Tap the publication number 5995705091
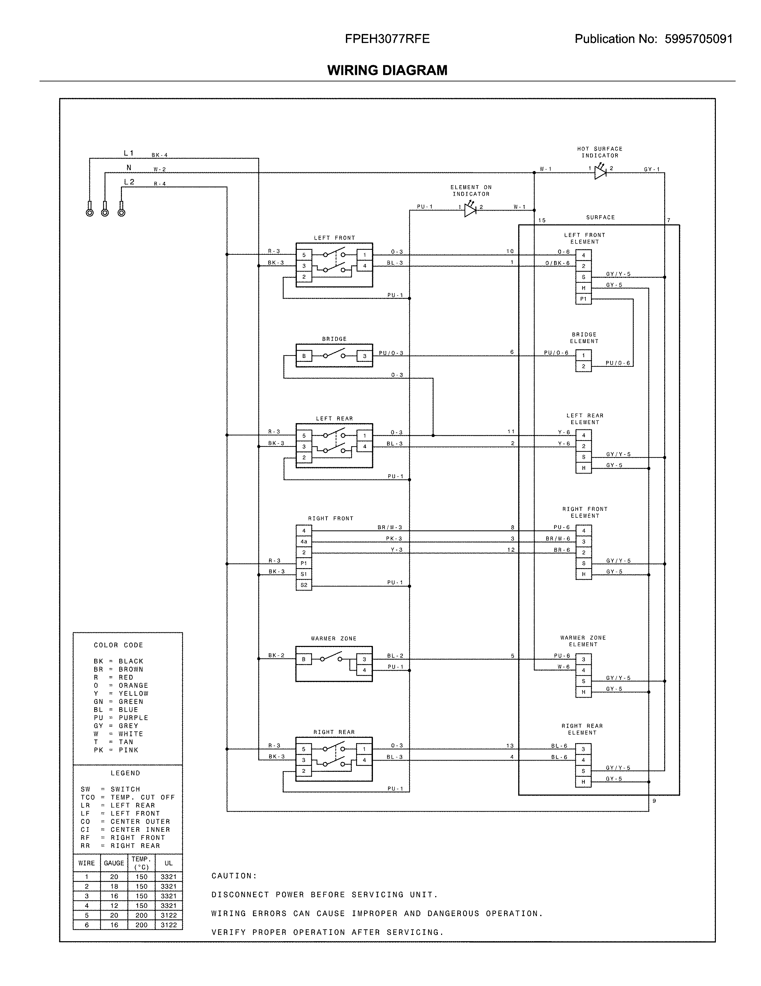(698, 39)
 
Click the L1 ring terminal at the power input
(89, 212)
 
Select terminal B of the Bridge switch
(304, 356)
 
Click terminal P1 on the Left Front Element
(583, 299)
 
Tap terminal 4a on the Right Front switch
(304, 542)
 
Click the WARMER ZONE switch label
(334, 639)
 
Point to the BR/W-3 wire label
(389, 527)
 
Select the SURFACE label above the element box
(600, 217)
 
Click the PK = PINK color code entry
(116, 750)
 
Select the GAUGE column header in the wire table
(114, 863)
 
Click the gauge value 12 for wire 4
(114, 906)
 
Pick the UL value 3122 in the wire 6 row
(168, 925)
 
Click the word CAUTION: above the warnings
(234, 876)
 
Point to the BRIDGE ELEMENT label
(584, 338)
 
